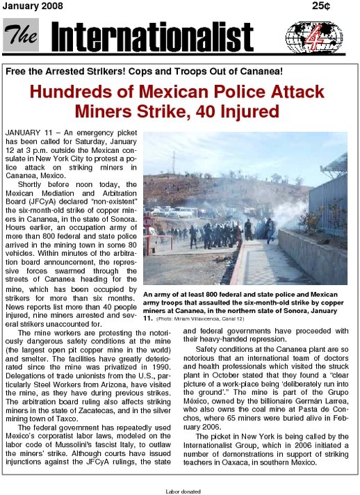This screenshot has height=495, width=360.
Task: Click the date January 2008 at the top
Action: click(x=33, y=6)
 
